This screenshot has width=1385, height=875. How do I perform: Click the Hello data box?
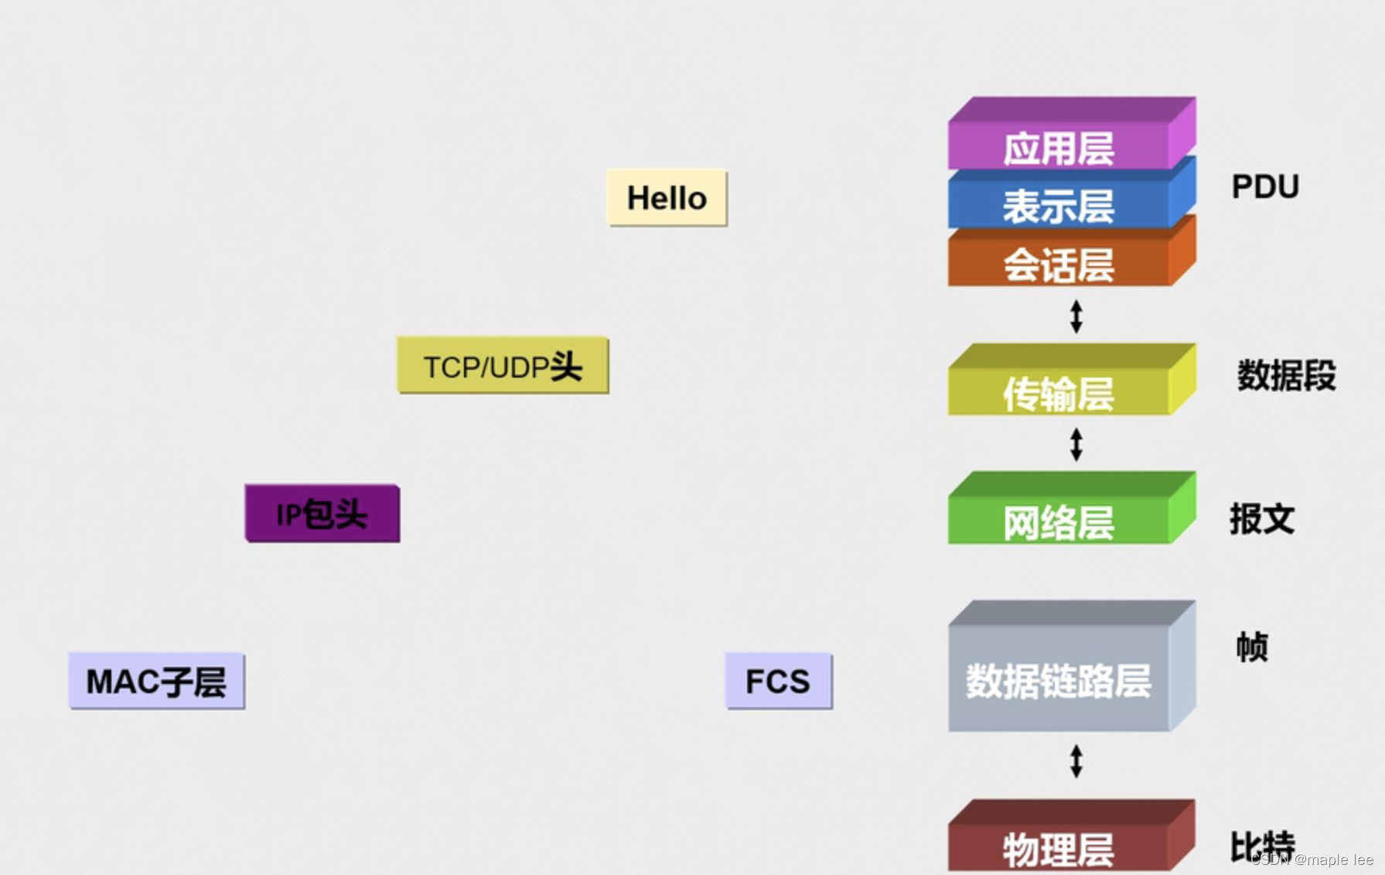click(x=667, y=198)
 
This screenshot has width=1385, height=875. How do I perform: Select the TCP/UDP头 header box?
click(x=503, y=366)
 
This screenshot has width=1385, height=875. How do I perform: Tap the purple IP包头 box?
click(x=322, y=514)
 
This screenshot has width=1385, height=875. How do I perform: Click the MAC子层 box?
click(x=156, y=681)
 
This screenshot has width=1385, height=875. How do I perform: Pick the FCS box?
click(x=778, y=681)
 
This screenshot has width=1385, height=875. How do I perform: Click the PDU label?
click(x=1265, y=186)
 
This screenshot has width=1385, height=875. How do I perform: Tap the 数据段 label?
click(x=1286, y=375)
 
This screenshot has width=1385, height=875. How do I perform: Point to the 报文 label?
click(x=1262, y=518)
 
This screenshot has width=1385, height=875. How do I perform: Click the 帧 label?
click(x=1252, y=647)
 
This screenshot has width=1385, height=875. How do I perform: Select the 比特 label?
click(x=1262, y=846)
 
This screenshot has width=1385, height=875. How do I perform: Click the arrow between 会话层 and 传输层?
click(x=1076, y=316)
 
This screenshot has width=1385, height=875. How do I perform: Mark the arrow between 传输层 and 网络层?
click(x=1076, y=444)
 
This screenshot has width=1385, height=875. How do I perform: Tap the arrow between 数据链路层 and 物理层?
click(x=1076, y=761)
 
